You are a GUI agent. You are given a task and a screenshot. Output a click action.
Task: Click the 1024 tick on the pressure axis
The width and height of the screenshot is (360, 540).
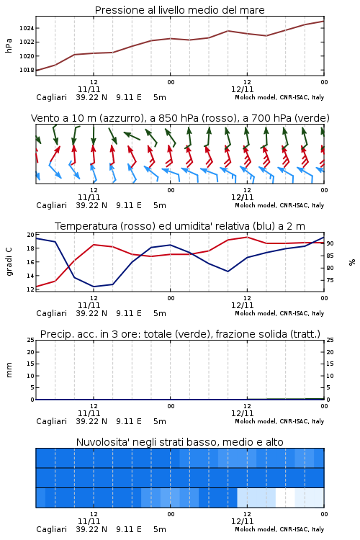27,28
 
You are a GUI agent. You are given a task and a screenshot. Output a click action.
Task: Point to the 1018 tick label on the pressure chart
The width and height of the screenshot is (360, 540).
27,70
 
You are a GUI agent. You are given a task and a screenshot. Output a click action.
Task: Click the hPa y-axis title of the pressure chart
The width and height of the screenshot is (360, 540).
9,45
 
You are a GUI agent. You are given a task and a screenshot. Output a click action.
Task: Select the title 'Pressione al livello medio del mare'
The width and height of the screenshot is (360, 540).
179,10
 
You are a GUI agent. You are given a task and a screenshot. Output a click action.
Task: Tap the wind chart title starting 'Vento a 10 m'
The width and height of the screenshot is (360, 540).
180,118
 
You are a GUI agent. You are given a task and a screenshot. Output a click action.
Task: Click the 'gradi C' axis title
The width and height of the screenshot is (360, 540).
9,261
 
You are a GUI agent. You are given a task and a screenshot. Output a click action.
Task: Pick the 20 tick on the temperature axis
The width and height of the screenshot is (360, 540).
31,235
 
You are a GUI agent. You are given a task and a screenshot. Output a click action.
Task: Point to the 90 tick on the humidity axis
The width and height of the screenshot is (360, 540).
330,243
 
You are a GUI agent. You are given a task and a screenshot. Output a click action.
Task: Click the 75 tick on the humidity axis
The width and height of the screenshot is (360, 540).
330,280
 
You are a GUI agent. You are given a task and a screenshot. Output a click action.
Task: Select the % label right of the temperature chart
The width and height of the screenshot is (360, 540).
352,262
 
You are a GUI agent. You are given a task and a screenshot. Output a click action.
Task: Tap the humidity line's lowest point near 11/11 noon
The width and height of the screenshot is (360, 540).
94,287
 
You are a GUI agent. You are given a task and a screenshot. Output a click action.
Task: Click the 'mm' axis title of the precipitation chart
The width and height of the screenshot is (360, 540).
9,370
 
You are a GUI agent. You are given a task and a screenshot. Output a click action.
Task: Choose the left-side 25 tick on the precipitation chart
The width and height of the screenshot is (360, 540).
31,340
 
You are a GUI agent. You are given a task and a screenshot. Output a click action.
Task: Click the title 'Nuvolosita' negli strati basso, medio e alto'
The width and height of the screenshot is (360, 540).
179,442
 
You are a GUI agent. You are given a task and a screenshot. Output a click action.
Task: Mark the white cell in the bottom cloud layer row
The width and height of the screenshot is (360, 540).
285,498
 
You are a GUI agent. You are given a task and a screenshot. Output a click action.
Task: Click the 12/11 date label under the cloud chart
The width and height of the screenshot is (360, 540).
242,521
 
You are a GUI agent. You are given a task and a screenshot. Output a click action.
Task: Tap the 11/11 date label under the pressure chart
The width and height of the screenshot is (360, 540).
89,89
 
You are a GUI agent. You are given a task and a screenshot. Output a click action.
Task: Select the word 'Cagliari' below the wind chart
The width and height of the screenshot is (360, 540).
51,205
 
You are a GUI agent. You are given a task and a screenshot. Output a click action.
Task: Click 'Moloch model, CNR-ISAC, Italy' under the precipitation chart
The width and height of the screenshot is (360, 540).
279,421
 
